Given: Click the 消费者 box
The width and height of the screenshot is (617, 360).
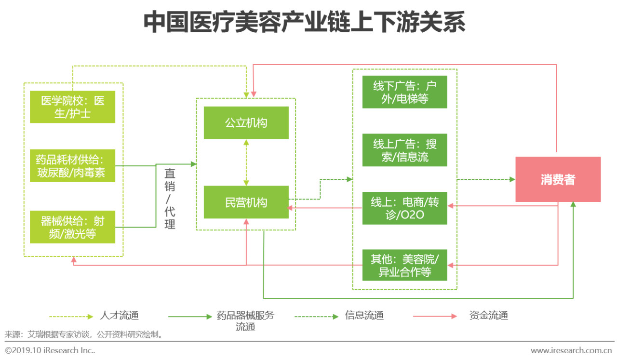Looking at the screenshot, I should point(558,179).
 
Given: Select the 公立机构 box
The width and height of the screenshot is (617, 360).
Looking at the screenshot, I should point(246,123).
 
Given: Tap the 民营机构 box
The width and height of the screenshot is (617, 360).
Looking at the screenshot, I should point(246,202).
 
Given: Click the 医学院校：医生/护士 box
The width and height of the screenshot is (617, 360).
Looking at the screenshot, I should point(72,107).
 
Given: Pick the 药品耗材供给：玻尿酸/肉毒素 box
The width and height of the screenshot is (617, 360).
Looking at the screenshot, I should point(72,166).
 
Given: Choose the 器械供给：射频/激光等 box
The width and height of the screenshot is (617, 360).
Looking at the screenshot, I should point(72,227).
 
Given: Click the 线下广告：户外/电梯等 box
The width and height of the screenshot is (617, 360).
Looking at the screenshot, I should point(404,92).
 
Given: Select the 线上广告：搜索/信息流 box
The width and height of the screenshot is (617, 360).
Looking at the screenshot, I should point(404,150).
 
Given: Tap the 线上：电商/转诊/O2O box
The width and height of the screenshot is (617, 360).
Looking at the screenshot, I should point(404,208).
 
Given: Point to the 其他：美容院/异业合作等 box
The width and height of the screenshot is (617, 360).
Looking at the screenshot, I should point(404,265).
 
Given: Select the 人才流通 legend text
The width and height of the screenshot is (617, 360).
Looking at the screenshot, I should point(119,316).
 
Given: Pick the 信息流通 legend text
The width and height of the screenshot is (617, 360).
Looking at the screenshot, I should point(364,316).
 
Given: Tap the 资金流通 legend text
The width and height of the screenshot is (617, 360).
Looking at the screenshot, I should point(488,316).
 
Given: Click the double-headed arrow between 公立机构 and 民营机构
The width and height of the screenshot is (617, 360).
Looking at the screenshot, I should point(246,162).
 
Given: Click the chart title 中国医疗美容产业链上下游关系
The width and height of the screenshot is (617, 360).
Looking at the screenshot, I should point(305,23).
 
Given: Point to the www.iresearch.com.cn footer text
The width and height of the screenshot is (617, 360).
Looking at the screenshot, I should point(572,350).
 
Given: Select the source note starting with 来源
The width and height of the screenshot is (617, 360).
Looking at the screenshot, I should point(84,334).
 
